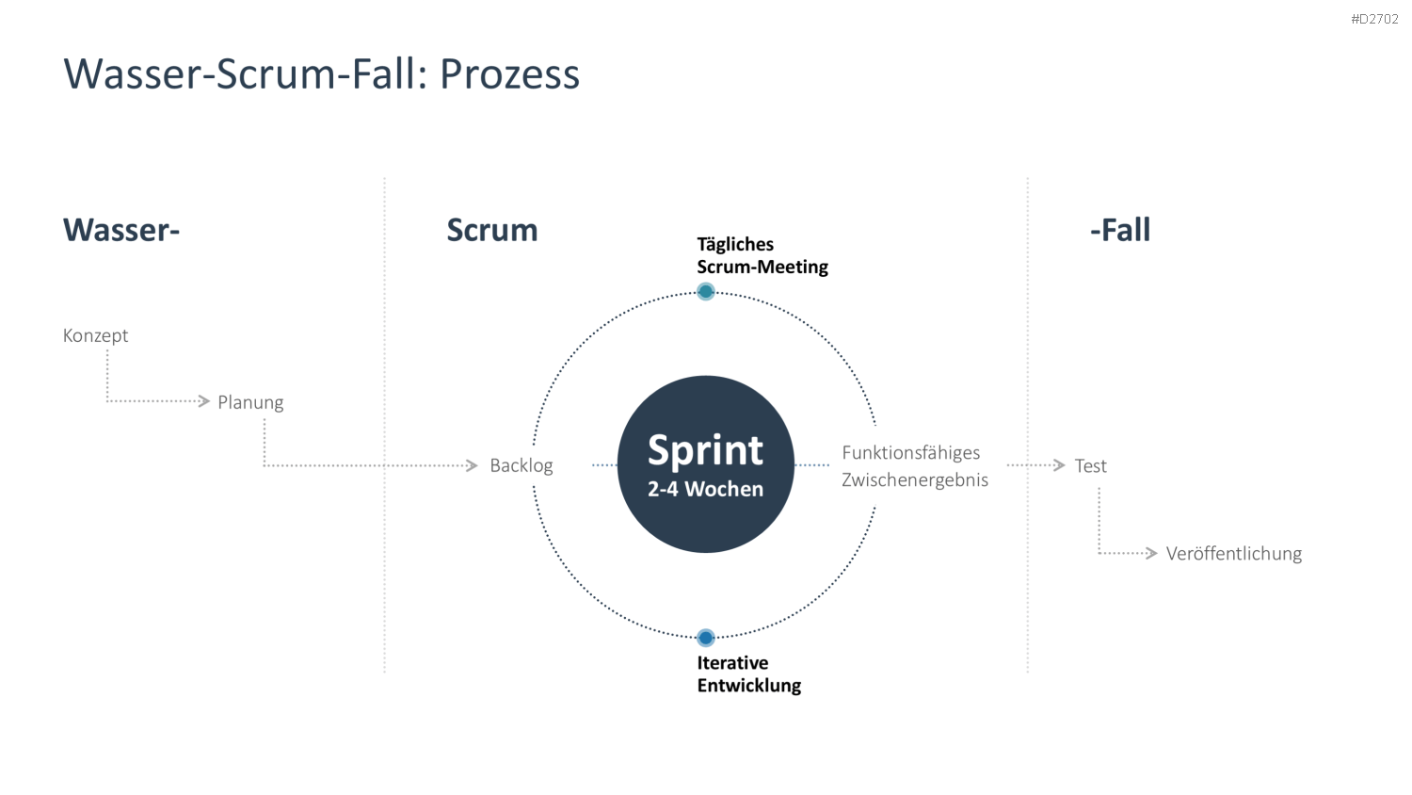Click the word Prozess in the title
point(509,74)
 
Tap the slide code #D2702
point(1374,19)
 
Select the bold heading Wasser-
point(121,230)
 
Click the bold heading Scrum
point(492,230)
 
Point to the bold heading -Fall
point(1120,230)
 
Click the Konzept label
point(95,335)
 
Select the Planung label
point(251,402)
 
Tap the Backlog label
point(521,465)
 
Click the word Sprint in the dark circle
point(705,450)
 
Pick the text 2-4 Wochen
point(705,489)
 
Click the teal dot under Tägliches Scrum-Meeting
point(706,291)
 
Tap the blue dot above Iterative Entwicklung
point(706,638)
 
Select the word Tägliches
point(735,245)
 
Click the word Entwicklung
point(749,685)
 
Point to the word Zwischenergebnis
point(915,480)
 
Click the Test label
point(1090,465)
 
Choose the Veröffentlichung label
point(1233,553)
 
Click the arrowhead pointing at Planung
point(203,401)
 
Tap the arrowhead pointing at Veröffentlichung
point(1151,553)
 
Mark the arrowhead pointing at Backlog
point(472,465)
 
